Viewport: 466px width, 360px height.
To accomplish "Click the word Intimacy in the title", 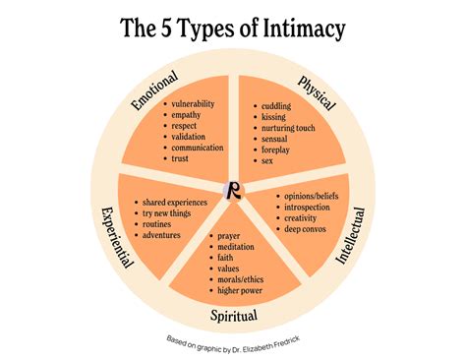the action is [304, 29].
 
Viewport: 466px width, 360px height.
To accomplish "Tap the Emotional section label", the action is [154, 90].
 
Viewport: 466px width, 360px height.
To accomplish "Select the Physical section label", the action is [317, 93].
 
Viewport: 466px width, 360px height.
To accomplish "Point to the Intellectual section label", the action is [351, 235].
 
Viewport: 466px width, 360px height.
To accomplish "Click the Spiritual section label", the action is [234, 316].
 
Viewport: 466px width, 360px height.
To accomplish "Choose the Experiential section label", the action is [117, 237].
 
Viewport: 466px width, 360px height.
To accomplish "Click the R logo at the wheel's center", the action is [233, 191].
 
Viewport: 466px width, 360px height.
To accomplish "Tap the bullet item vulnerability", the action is [193, 104].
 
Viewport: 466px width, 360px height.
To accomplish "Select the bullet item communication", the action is [198, 148].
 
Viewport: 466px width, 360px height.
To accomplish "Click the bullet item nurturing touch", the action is [288, 128].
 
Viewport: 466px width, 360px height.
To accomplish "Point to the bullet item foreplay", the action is [275, 150].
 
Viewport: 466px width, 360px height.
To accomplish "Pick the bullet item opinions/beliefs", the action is [312, 197].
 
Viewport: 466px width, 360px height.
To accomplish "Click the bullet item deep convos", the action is [305, 229].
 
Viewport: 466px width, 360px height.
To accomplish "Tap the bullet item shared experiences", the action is [175, 203].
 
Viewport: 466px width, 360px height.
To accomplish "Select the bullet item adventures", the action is [161, 235].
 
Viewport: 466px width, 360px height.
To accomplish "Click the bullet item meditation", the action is [236, 247].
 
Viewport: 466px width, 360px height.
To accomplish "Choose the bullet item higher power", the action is [240, 290].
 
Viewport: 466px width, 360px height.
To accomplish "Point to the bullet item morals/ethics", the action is [240, 279].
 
